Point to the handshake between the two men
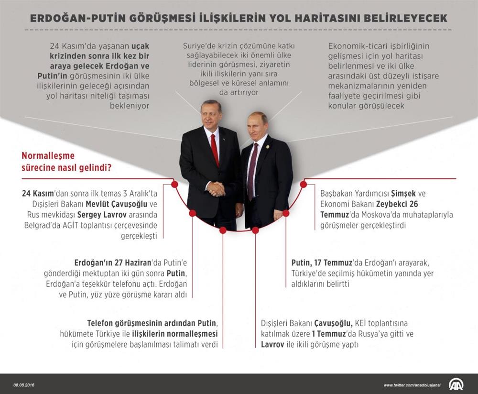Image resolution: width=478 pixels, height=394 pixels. (216, 189)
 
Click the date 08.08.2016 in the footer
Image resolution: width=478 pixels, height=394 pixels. (24, 385)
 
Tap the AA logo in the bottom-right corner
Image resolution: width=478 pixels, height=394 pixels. (456, 384)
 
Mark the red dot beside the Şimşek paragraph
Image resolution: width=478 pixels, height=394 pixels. (303, 184)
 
